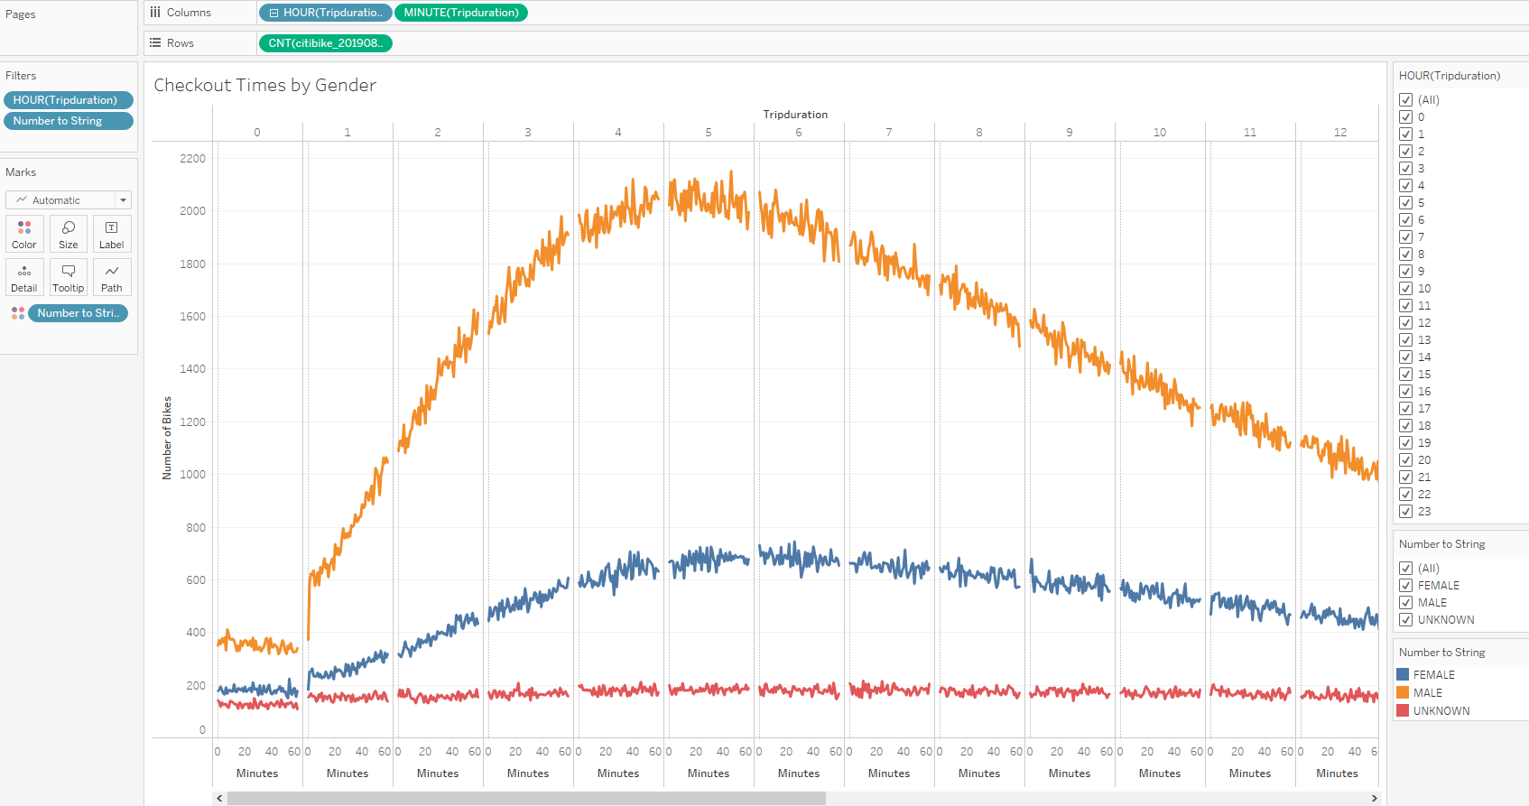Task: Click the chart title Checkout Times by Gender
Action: click(264, 85)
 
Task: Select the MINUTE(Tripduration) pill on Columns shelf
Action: click(460, 13)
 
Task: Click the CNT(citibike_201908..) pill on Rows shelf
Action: click(325, 43)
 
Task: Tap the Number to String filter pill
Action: click(68, 121)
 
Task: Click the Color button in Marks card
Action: click(24, 234)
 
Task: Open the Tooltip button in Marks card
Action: click(68, 277)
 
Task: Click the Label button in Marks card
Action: click(112, 234)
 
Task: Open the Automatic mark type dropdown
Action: click(69, 200)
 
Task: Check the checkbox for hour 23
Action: click(1405, 512)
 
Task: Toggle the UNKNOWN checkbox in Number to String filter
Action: click(1405, 620)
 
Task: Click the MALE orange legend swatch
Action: click(1403, 692)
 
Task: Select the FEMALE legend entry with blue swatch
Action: click(1432, 674)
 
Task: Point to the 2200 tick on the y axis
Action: click(192, 158)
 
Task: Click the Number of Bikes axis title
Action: click(166, 438)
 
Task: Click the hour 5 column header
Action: click(709, 132)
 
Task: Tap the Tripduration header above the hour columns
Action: click(794, 115)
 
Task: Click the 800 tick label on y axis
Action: click(195, 527)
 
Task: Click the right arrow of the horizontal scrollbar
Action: click(1374, 798)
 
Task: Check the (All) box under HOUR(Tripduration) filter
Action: click(1405, 100)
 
